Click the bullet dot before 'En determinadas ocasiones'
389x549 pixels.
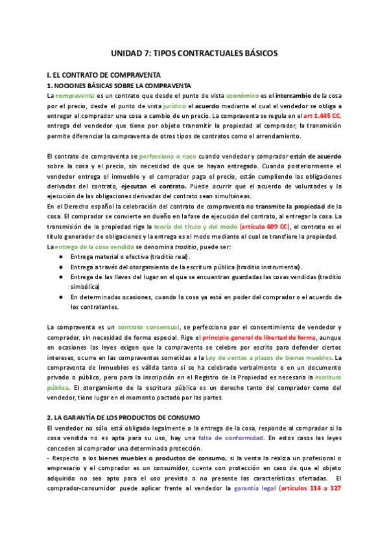[61, 297]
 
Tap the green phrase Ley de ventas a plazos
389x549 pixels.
[250, 358]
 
